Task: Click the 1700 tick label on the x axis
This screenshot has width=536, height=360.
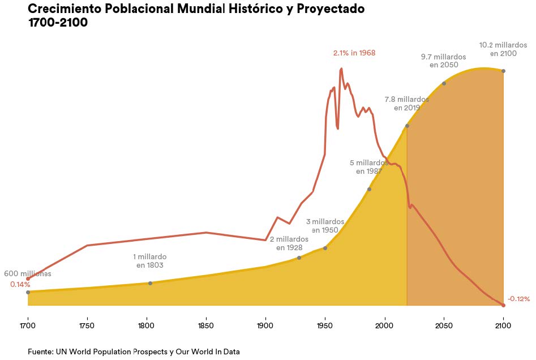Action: (x=28, y=325)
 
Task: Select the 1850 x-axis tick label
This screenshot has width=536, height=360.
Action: (x=206, y=325)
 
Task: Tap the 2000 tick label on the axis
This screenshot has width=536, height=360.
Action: (x=384, y=325)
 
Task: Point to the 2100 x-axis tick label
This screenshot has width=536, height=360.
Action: (x=503, y=325)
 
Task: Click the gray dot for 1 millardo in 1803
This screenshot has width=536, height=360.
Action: (x=150, y=283)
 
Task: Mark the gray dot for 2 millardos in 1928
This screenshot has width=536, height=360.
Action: (x=299, y=258)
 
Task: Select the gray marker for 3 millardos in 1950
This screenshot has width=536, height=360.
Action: (x=325, y=248)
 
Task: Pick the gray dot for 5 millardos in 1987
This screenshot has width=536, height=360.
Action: (x=369, y=189)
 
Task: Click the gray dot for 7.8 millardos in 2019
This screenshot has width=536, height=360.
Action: (x=407, y=126)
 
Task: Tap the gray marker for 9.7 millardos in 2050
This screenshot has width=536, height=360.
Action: (x=444, y=83)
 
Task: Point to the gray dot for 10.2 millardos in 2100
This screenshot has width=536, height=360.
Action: (x=503, y=71)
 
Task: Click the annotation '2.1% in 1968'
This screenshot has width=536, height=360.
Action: (x=354, y=53)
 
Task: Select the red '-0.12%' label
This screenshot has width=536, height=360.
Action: (x=518, y=299)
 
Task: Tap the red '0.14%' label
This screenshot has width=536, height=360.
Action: (x=20, y=284)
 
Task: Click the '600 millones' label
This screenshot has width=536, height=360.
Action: (x=28, y=274)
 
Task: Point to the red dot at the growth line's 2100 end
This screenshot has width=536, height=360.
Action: (x=503, y=306)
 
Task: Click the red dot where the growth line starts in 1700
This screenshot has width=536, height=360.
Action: (x=28, y=278)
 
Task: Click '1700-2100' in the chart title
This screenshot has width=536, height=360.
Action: (x=58, y=23)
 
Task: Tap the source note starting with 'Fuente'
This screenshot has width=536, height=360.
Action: (x=134, y=352)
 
